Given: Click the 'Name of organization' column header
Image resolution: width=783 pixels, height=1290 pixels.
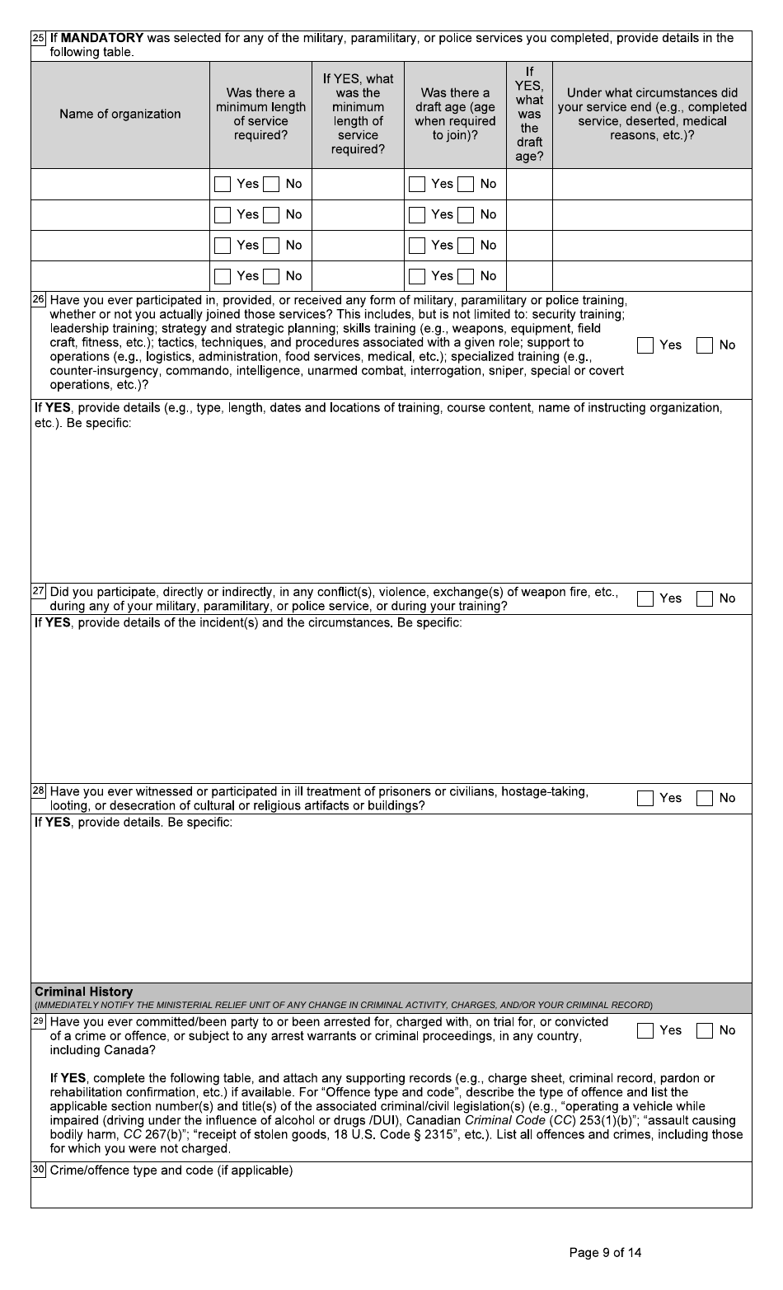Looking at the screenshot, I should tap(120, 115).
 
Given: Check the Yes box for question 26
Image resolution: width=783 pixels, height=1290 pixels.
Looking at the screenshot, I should tap(645, 345).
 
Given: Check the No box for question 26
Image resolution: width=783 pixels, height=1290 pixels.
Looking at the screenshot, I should tap(705, 345).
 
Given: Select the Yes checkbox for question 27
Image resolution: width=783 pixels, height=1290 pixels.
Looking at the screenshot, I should tap(645, 598).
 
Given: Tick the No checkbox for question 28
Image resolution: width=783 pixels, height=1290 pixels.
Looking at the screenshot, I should tap(705, 798).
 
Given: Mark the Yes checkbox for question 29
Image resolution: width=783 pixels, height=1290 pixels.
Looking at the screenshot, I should tap(645, 1030).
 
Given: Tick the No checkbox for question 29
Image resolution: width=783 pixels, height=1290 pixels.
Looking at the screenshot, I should tap(705, 1030).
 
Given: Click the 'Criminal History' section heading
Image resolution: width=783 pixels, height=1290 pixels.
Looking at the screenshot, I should tap(83, 992).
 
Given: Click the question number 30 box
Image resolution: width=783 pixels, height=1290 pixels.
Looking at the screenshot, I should tap(39, 1170).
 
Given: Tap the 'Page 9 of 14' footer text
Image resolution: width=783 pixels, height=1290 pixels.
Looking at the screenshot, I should tap(605, 1253).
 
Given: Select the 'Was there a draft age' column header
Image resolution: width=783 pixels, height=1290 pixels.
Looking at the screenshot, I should tap(455, 115).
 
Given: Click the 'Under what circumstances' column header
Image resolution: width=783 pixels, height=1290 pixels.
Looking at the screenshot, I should tap(651, 115).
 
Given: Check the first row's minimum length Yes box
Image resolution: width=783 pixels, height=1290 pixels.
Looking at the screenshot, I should tap(223, 185).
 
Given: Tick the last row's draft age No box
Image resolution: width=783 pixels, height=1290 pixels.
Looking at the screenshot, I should tap(467, 276).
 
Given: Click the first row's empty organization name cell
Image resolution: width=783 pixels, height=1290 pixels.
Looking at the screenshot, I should tap(120, 185).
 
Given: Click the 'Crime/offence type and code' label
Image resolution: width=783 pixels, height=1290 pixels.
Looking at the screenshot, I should tap(171, 1170).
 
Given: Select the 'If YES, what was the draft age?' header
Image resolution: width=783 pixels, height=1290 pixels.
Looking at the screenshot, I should tap(529, 115).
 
